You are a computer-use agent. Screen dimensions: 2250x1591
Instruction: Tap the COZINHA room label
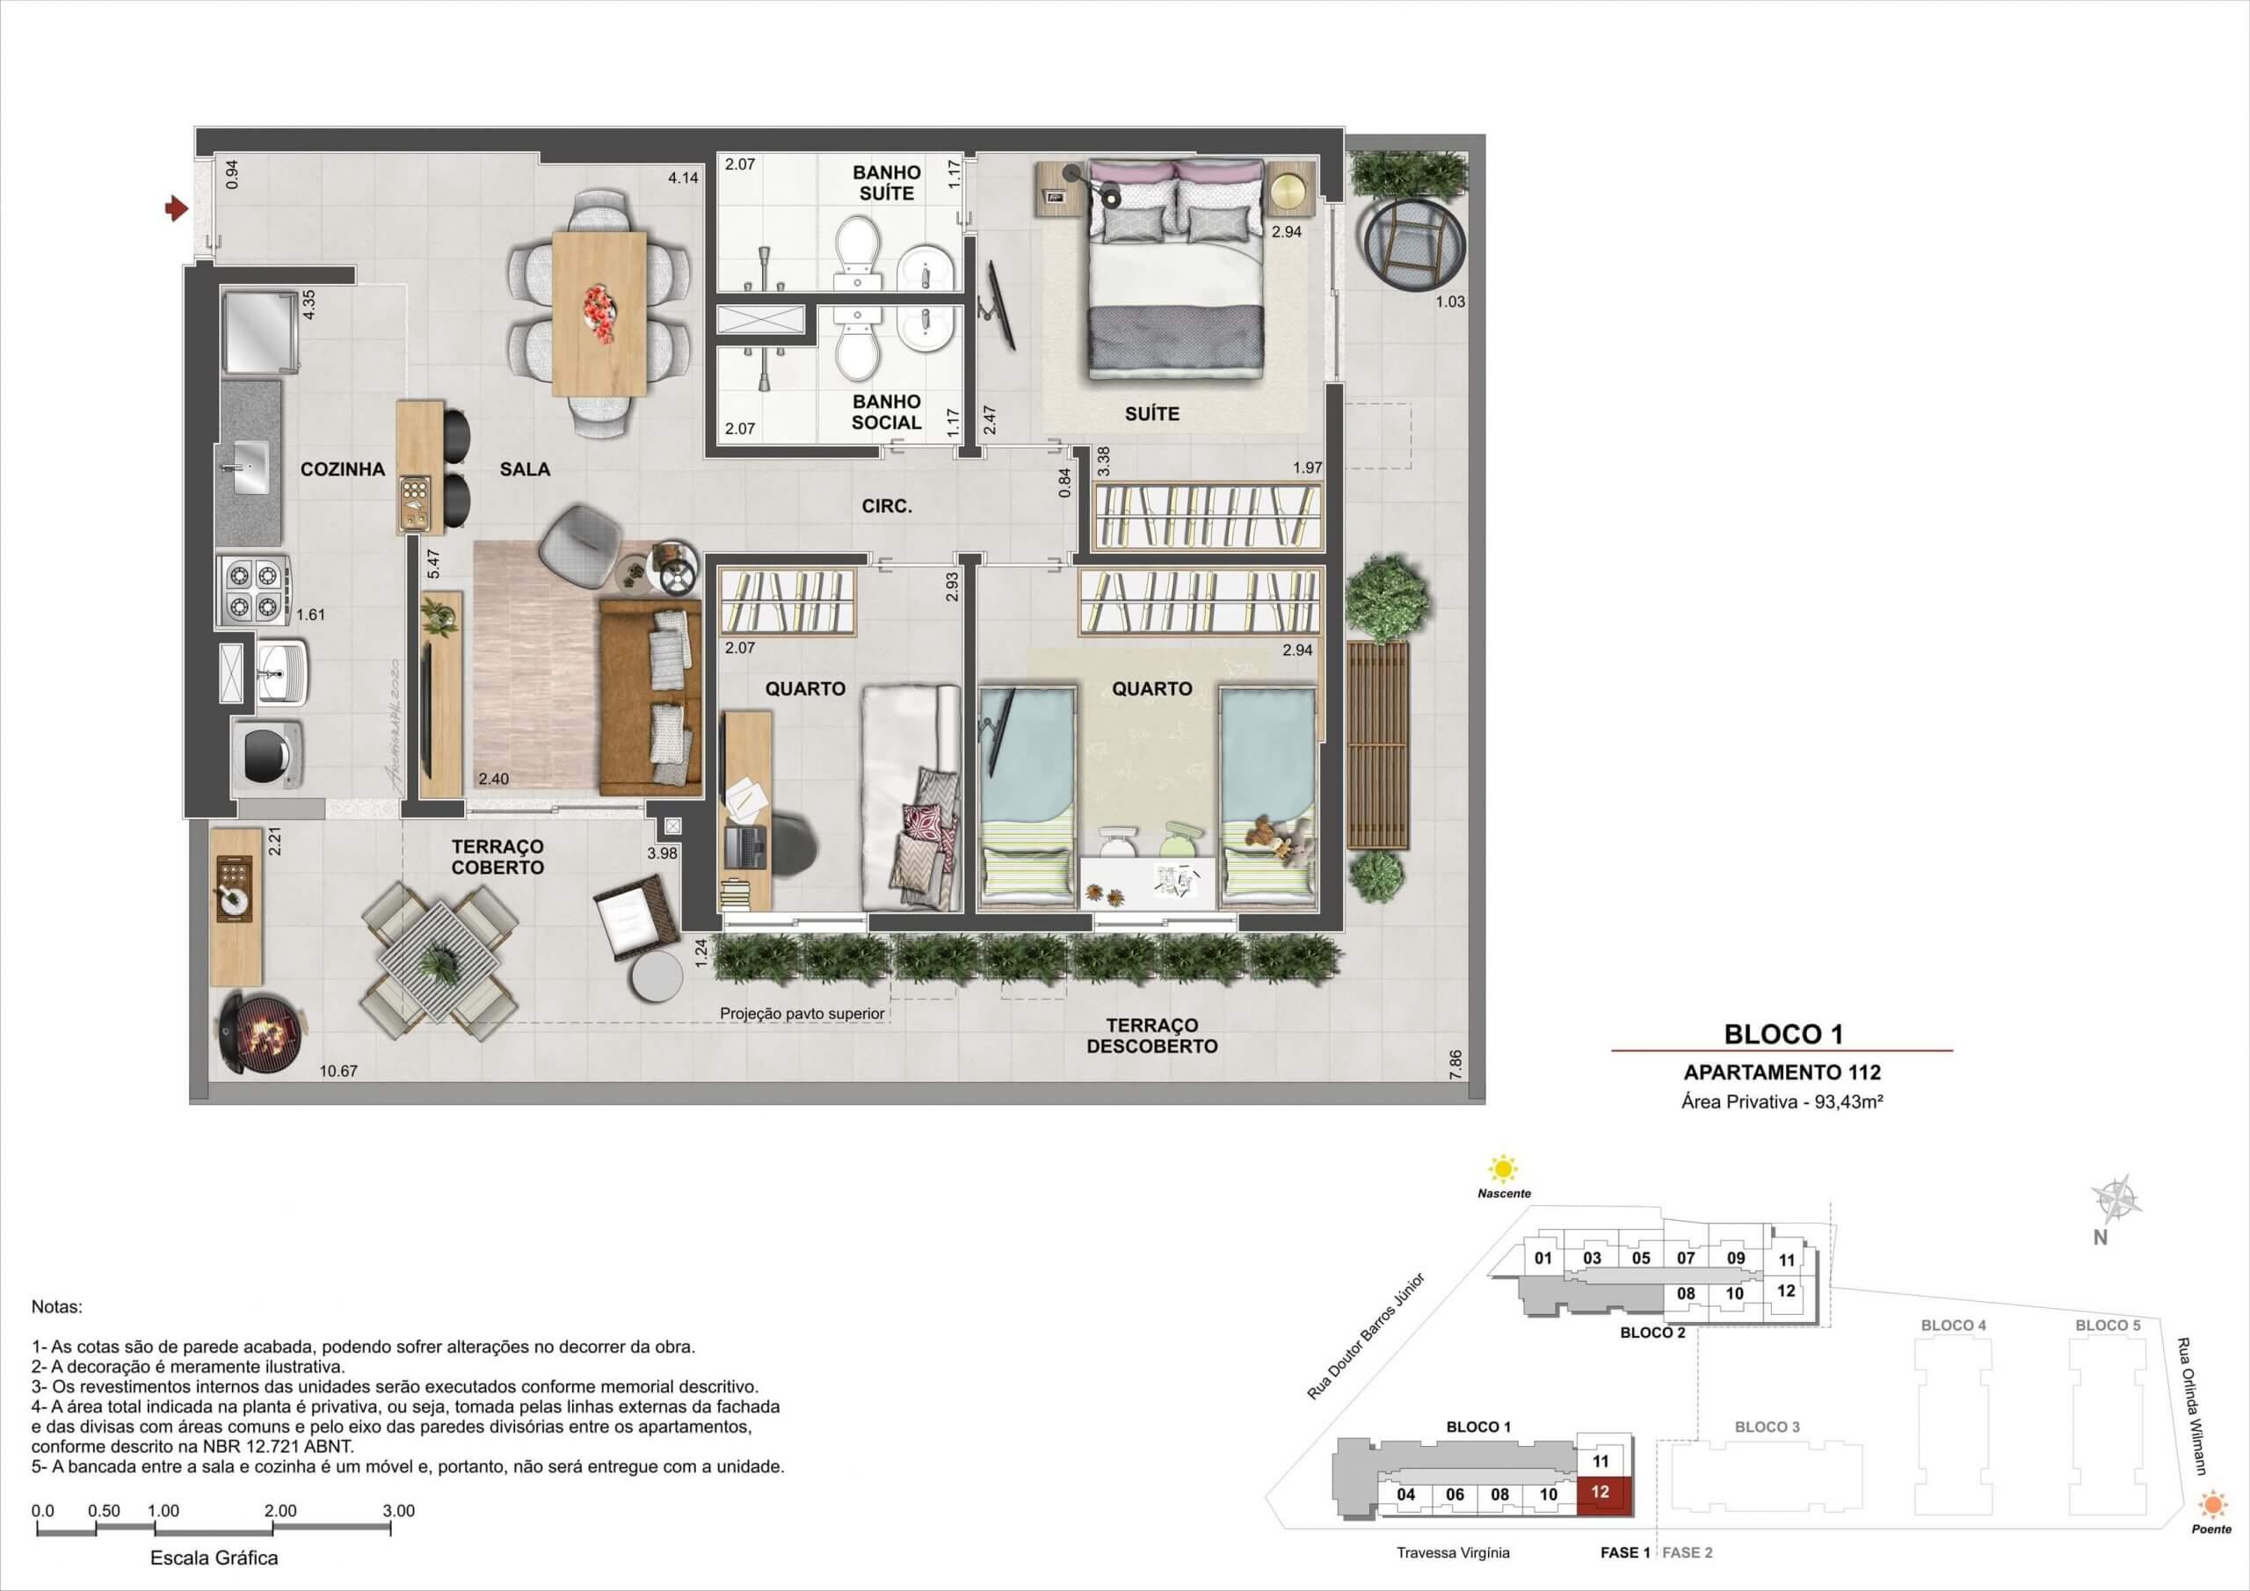(342, 469)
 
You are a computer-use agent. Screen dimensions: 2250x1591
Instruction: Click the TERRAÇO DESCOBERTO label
(1151, 1035)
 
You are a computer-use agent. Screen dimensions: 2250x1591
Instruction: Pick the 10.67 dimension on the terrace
(338, 1072)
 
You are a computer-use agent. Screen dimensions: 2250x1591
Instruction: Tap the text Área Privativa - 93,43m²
(1782, 1101)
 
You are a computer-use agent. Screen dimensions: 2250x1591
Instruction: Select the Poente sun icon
(2212, 1505)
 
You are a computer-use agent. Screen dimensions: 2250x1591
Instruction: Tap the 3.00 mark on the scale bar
(399, 1511)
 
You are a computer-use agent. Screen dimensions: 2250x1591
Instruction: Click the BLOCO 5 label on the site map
(2107, 1326)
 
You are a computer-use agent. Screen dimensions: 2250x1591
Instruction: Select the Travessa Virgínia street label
(1454, 1553)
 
